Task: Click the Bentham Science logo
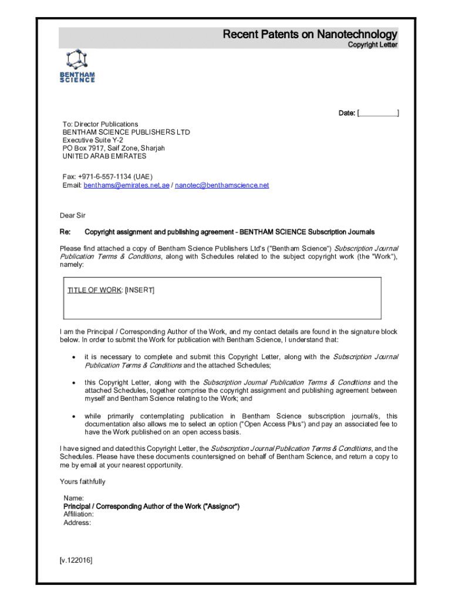pyautogui.click(x=77, y=66)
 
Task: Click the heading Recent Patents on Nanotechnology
pyautogui.click(x=310, y=35)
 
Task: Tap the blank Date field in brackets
pyautogui.click(x=379, y=113)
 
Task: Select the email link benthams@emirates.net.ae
pyautogui.click(x=126, y=185)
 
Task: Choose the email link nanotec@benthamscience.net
pyautogui.click(x=222, y=185)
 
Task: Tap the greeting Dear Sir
pyautogui.click(x=73, y=216)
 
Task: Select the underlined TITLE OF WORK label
pyautogui.click(x=95, y=290)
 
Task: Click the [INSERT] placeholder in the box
pyautogui.click(x=140, y=290)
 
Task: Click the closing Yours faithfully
pyautogui.click(x=83, y=482)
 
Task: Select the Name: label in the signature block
pyautogui.click(x=73, y=499)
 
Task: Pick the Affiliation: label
pyautogui.click(x=79, y=514)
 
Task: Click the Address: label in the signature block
pyautogui.click(x=77, y=523)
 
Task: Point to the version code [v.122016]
pyautogui.click(x=76, y=561)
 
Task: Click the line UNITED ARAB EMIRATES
pyautogui.click(x=104, y=156)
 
